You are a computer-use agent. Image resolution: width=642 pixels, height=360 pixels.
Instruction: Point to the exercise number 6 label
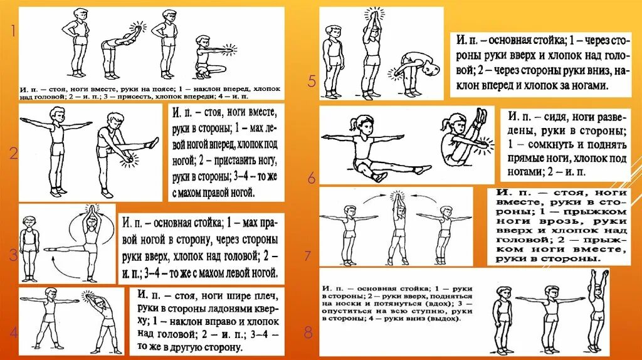point(312,178)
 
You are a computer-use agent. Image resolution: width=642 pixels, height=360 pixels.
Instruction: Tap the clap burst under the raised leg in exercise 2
point(130,160)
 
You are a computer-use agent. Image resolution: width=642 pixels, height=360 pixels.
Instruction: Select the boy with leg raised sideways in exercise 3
point(86,245)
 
